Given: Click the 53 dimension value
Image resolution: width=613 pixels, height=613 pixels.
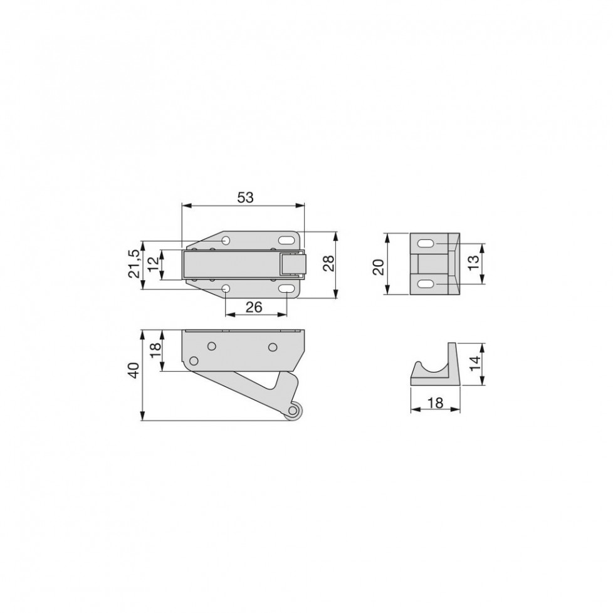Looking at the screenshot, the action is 246,197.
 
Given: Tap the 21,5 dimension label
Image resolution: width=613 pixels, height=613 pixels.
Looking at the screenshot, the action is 134,264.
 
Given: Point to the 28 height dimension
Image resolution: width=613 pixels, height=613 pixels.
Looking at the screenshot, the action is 329,263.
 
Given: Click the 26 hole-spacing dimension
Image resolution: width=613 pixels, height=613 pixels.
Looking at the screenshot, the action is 254,308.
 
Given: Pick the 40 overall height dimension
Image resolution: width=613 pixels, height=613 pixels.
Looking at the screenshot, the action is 134,370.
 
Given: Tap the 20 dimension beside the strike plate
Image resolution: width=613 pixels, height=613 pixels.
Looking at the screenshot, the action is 379,268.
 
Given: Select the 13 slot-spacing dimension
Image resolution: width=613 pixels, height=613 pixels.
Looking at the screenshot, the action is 473,263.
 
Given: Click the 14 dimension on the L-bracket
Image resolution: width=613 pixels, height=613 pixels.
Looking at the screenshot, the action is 474,364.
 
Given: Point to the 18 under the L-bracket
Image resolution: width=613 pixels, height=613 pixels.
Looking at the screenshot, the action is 436,402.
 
